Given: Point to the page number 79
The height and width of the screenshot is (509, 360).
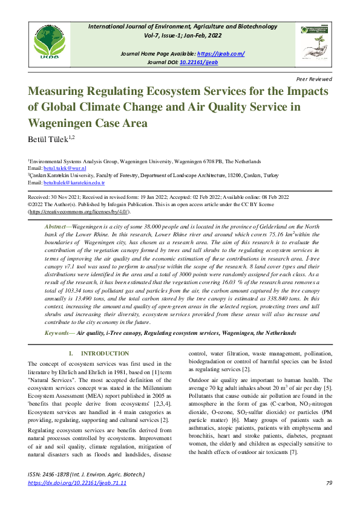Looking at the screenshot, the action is pos(329,483).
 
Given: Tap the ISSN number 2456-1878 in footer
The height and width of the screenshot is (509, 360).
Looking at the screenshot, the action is pos(62,475).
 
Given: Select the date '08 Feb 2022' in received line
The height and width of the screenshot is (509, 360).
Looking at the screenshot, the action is pos(273,197).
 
